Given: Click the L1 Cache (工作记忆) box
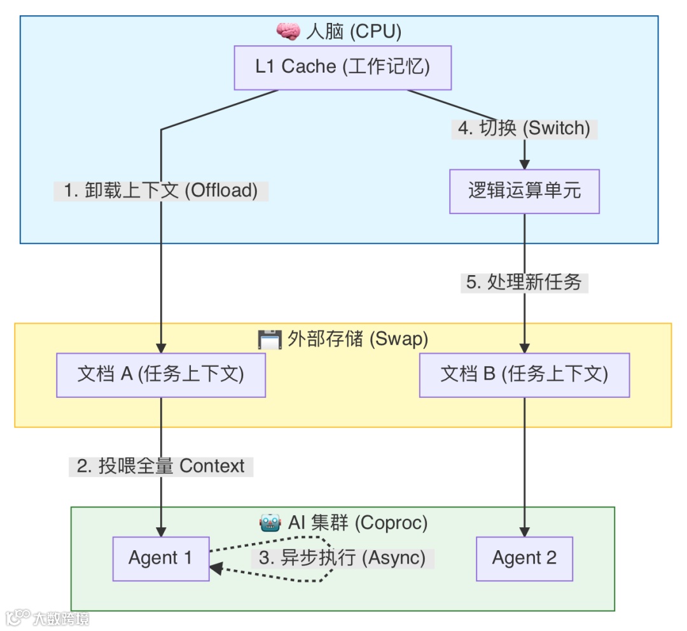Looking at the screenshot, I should pyautogui.click(x=343, y=67).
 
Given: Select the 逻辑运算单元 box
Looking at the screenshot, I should pyautogui.click(x=524, y=191).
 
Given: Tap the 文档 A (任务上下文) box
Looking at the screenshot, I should pyautogui.click(x=161, y=375).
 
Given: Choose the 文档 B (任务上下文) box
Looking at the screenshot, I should pyautogui.click(x=524, y=375).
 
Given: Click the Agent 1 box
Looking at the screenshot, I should pyautogui.click(x=161, y=558).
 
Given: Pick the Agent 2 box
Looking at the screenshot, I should pyautogui.click(x=524, y=558).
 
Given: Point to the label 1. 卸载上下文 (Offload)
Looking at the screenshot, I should pyautogui.click(x=161, y=191).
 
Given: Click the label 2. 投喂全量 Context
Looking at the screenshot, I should pyautogui.click(x=161, y=466).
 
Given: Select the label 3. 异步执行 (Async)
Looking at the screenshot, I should pyautogui.click(x=342, y=558).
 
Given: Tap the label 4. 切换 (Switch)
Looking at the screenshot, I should pyautogui.click(x=524, y=129).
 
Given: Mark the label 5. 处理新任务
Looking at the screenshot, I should pyautogui.click(x=524, y=283).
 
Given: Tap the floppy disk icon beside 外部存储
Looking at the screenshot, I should pyautogui.click(x=269, y=339).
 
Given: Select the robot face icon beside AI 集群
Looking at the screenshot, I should pyautogui.click(x=270, y=523).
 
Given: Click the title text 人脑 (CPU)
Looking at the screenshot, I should pyautogui.click(x=353, y=31).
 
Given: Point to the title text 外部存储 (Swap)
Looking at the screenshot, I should pyautogui.click(x=357, y=339).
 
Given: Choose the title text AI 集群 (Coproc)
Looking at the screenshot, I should pyautogui.click(x=358, y=523).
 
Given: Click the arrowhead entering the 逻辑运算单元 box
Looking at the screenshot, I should pyautogui.click(x=524, y=164).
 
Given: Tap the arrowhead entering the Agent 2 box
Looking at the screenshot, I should pyautogui.click(x=524, y=532).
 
